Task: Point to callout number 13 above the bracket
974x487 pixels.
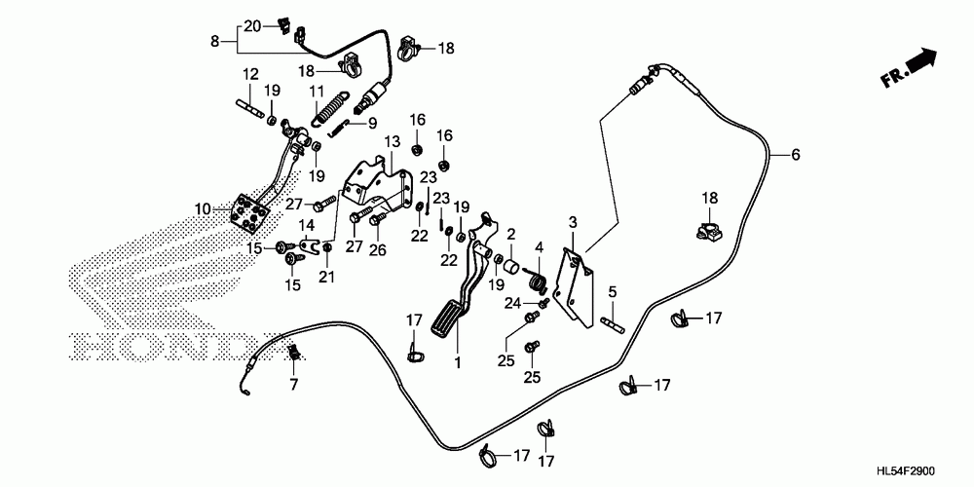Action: (391, 142)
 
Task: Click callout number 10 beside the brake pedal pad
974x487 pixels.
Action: (203, 208)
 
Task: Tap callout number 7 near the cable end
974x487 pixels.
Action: (292, 385)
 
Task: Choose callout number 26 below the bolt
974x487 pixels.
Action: (378, 248)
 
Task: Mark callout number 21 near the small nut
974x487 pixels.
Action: (327, 278)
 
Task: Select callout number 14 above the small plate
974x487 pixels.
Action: (306, 226)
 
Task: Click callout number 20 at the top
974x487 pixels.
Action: (251, 25)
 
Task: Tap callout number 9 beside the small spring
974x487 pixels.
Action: (371, 124)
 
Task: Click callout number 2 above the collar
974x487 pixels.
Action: (509, 234)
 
